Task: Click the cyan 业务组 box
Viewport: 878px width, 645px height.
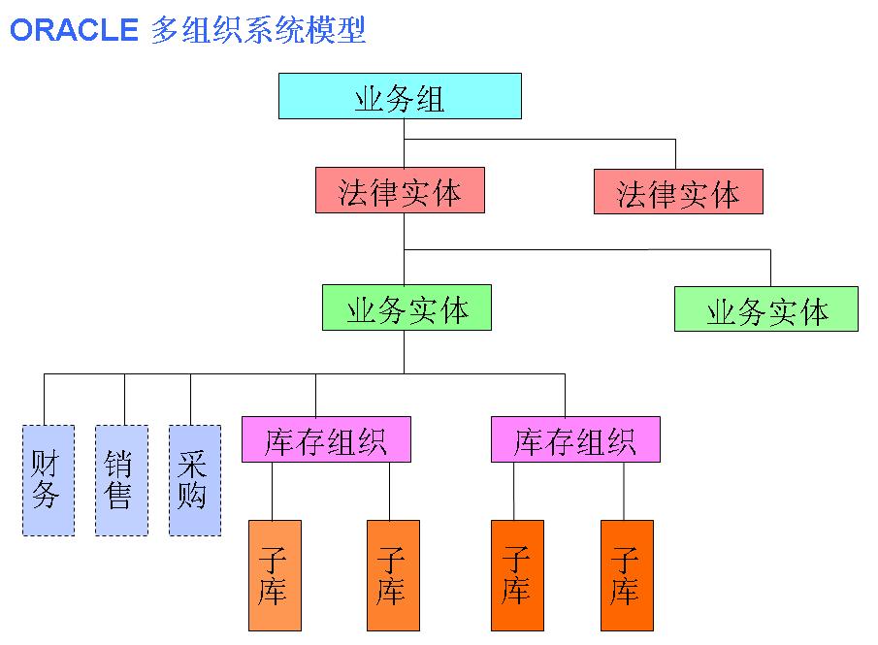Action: (400, 96)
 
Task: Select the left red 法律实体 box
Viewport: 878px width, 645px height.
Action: (400, 191)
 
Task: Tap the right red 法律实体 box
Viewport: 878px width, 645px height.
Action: (678, 192)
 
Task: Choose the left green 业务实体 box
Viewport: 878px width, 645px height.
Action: (406, 308)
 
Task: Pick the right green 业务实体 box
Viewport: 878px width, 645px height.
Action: (766, 309)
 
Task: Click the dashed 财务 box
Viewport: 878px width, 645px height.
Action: (48, 480)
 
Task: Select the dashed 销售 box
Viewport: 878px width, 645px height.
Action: (121, 480)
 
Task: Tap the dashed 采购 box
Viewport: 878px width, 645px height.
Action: (194, 480)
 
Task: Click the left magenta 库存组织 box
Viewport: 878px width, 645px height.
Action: (326, 439)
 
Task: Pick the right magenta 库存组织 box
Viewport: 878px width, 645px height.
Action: (575, 439)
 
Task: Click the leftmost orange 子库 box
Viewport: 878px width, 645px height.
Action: (275, 575)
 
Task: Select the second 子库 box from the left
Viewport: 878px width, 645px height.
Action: (393, 575)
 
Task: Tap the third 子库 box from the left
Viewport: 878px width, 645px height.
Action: (517, 575)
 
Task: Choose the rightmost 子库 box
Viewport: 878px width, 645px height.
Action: (627, 575)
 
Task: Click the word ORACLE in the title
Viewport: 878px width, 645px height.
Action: (74, 30)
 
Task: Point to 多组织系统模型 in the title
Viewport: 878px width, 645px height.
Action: (259, 30)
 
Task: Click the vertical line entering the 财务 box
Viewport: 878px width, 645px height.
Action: (45, 399)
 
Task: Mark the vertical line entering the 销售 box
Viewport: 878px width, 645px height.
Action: (124, 399)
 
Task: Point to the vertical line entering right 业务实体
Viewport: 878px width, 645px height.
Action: (770, 268)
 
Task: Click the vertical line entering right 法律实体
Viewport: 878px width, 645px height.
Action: (675, 154)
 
